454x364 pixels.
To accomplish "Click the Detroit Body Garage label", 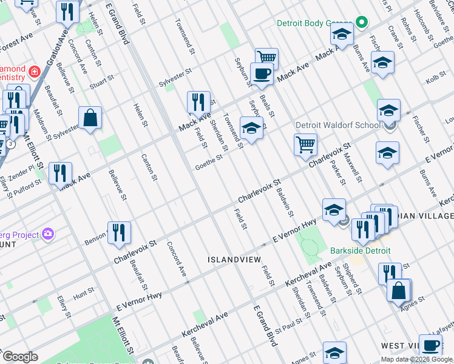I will [314, 24].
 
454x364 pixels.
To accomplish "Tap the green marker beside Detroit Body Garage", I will [362, 24].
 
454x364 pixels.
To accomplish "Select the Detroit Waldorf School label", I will [339, 126].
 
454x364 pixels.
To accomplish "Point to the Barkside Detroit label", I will [361, 251].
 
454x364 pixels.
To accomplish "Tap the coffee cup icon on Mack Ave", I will [262, 75].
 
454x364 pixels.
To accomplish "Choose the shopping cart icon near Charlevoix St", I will [305, 144].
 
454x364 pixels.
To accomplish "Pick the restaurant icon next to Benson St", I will [119, 233].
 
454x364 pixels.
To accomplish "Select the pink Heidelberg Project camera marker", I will [48, 234].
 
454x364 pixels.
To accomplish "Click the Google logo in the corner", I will [19, 356].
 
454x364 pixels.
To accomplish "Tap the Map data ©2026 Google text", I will [417, 359].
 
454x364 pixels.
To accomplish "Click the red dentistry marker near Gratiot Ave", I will [35, 72].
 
